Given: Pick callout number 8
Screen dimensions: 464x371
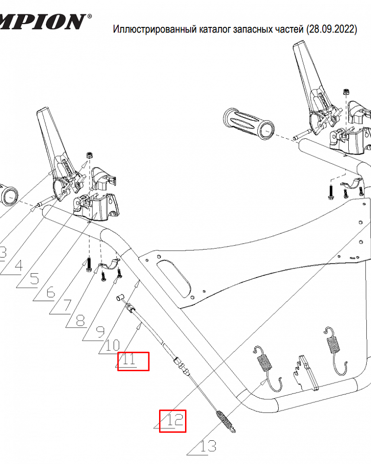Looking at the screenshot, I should click(x=80, y=320).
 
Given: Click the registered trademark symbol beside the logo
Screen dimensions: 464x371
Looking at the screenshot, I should click(x=90, y=16).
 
